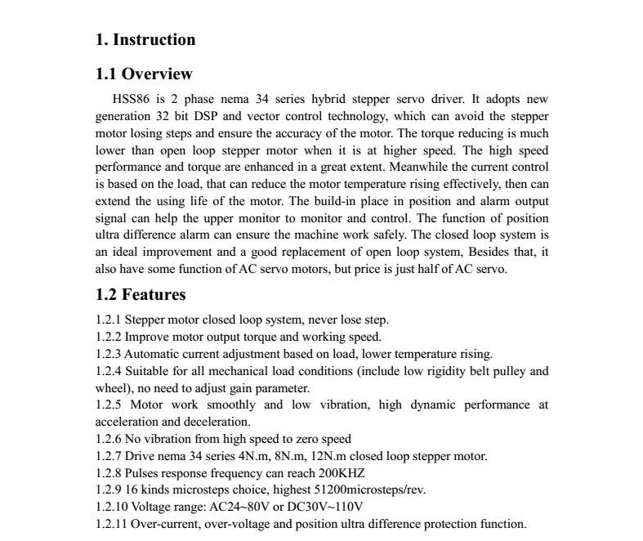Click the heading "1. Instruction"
pyautogui.click(x=145, y=40)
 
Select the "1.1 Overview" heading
pyautogui.click(x=144, y=74)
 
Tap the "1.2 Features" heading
pyautogui.click(x=141, y=295)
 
